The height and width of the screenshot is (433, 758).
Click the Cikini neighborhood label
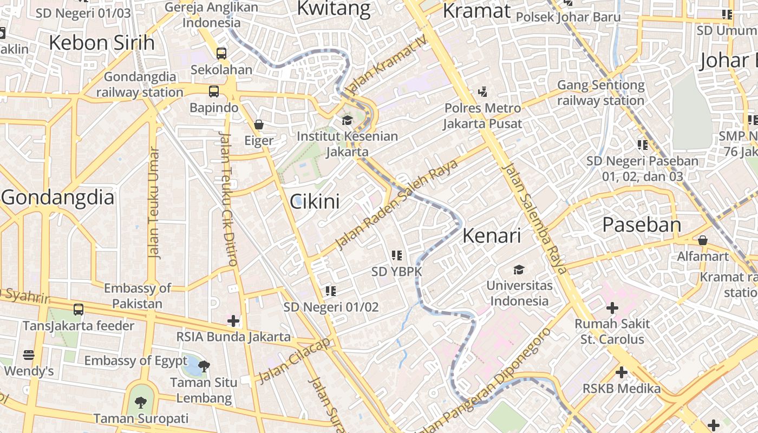point(315,202)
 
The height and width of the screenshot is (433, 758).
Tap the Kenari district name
point(492,236)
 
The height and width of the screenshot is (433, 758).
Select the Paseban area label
point(642,225)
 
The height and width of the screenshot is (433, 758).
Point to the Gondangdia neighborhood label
point(58,198)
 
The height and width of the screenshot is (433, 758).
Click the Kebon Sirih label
point(102,43)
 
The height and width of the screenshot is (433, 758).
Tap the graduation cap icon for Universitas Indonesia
point(519,270)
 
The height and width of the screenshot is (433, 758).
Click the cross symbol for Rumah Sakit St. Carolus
point(612,309)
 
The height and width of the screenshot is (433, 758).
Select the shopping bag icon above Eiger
point(259,124)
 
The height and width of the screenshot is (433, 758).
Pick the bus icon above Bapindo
point(214,91)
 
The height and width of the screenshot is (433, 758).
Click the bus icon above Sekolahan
point(221,54)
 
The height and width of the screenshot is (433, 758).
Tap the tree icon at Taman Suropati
point(140,402)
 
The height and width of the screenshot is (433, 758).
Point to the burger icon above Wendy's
point(29,355)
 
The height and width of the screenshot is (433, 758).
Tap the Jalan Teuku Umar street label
point(154,202)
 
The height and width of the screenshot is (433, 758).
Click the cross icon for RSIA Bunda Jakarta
point(233,321)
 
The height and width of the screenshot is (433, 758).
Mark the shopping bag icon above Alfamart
point(703,240)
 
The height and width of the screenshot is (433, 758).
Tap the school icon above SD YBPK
point(396,255)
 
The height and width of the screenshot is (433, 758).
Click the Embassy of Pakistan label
point(138,296)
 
